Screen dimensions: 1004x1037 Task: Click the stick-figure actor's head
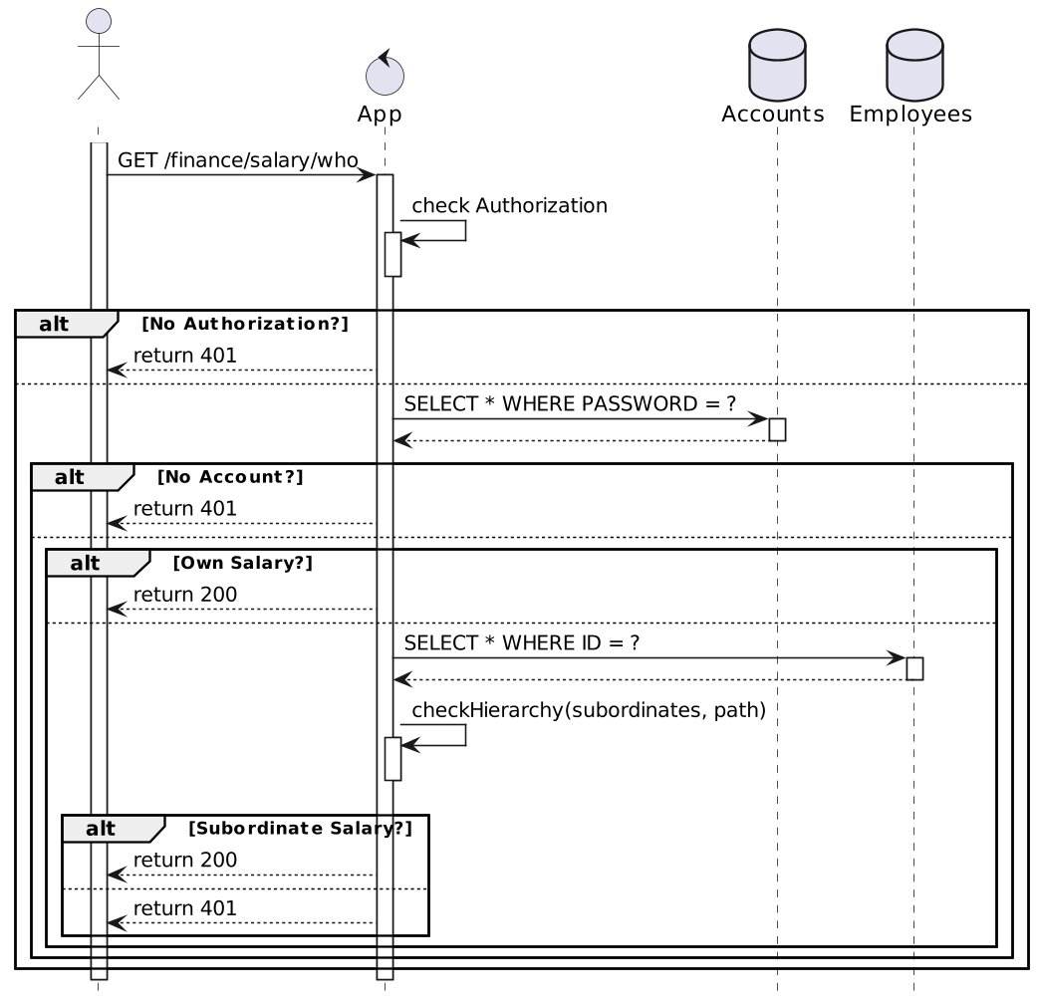(x=98, y=22)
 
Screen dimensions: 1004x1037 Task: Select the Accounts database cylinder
(x=776, y=64)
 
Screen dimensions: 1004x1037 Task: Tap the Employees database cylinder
(x=913, y=64)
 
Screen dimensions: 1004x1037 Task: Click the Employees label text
(x=910, y=115)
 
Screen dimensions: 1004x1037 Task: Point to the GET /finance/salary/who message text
(x=238, y=160)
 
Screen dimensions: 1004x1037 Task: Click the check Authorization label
(x=509, y=206)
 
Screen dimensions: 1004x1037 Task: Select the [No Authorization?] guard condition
(x=245, y=324)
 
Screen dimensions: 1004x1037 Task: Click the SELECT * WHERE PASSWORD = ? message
(x=570, y=403)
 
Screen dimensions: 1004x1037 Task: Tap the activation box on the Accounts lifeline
(x=777, y=429)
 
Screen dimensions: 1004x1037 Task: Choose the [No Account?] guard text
(x=230, y=477)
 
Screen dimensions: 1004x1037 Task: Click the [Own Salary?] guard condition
(x=243, y=563)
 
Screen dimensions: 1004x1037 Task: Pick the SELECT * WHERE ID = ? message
(x=522, y=643)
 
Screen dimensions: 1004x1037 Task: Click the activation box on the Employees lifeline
(x=913, y=668)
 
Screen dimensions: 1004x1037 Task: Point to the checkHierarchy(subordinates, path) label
(x=588, y=710)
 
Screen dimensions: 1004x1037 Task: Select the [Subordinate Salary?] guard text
(x=300, y=829)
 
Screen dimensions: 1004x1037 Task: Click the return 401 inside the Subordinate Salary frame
(x=185, y=908)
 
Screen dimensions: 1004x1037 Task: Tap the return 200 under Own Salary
(x=185, y=595)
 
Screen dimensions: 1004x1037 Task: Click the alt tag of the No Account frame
(x=70, y=477)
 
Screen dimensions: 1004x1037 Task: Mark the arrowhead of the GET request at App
(x=369, y=175)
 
